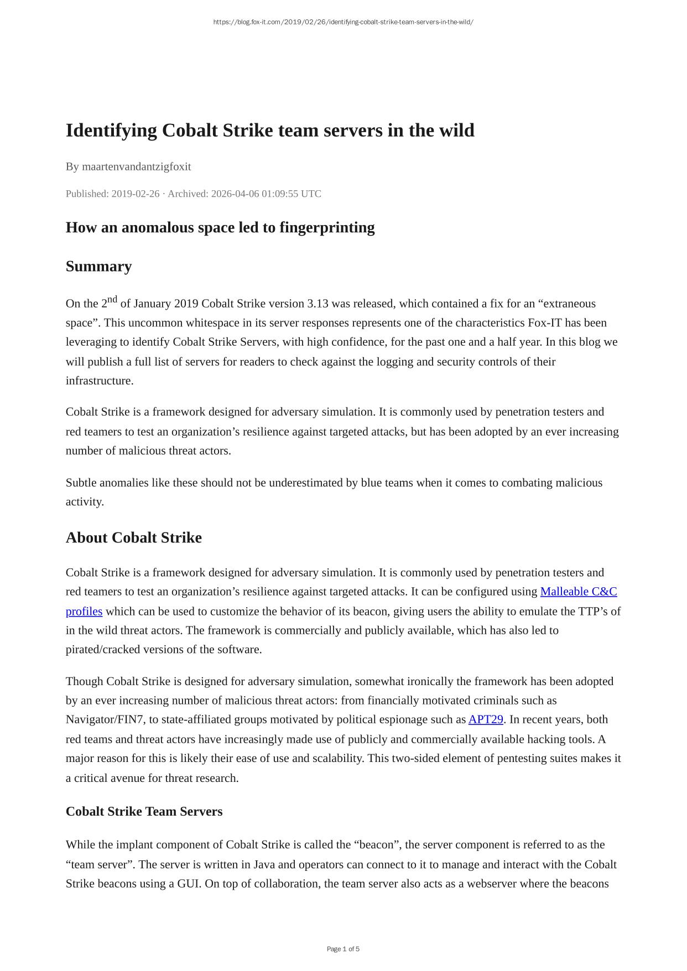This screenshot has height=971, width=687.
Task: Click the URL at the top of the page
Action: (x=343, y=22)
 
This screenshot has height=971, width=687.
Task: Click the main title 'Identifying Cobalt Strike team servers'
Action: (x=270, y=130)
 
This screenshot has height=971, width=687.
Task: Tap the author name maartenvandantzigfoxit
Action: (x=136, y=166)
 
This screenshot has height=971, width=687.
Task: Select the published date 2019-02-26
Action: (x=135, y=194)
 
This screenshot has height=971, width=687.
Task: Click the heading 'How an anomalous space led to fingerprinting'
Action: (x=220, y=227)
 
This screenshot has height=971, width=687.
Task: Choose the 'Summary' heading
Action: (x=98, y=267)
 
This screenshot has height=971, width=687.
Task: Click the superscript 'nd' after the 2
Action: (x=112, y=300)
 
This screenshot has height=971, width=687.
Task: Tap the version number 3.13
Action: (x=318, y=304)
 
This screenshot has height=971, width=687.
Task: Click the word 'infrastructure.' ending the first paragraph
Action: (x=100, y=381)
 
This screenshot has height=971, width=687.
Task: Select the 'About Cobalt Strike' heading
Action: (x=134, y=538)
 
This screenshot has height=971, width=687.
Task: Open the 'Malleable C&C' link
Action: (x=579, y=592)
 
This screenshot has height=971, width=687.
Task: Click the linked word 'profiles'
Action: (x=84, y=612)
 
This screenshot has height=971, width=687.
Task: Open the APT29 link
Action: (x=486, y=720)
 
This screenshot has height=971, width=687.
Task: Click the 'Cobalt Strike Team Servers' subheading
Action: (x=144, y=812)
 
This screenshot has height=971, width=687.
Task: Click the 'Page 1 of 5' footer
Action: (x=343, y=949)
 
